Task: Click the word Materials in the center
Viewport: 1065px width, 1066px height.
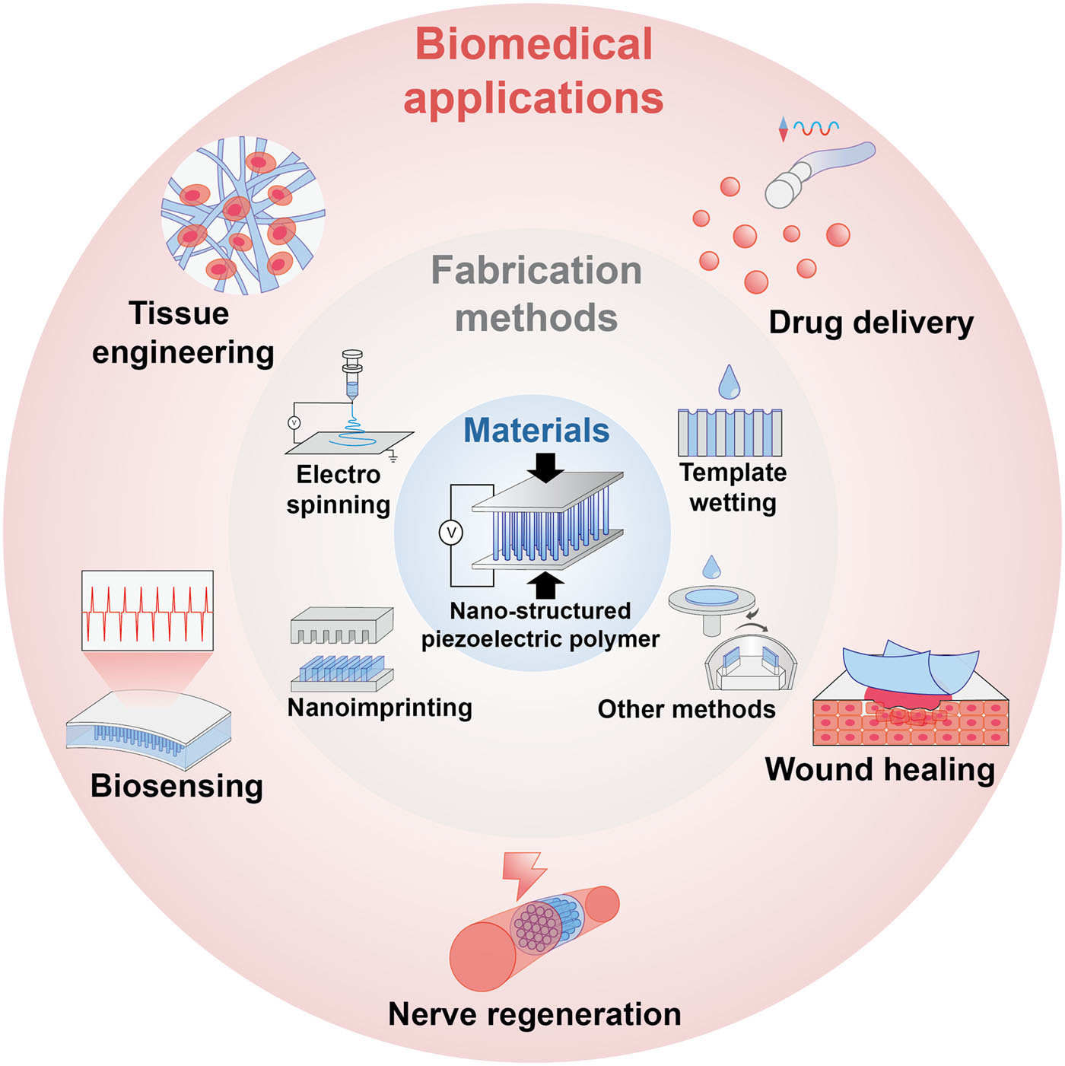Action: point(536,431)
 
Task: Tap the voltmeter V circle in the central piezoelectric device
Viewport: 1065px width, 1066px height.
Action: point(451,533)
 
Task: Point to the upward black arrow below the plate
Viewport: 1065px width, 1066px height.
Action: point(545,585)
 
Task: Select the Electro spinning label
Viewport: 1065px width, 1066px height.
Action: point(339,489)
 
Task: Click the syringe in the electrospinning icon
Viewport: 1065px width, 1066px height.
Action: point(352,377)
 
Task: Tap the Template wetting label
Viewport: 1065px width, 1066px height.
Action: point(733,487)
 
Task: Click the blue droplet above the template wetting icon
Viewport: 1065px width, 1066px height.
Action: point(730,382)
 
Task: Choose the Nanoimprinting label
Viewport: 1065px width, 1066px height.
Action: point(380,708)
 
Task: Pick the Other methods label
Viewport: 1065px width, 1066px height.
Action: point(686,709)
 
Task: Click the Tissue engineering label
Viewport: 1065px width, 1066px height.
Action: point(182,333)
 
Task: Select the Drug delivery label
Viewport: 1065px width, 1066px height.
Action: point(871,323)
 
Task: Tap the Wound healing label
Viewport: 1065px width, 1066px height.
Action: point(879,769)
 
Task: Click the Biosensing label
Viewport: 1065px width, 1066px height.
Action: point(176,786)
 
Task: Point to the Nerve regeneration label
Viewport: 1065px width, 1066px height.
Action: point(534,1014)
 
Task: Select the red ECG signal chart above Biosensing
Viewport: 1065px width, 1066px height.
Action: point(148,610)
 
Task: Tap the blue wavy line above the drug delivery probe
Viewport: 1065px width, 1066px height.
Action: point(816,128)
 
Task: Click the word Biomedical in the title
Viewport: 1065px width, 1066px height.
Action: point(534,44)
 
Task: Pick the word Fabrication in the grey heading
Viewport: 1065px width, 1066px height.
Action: point(536,271)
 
